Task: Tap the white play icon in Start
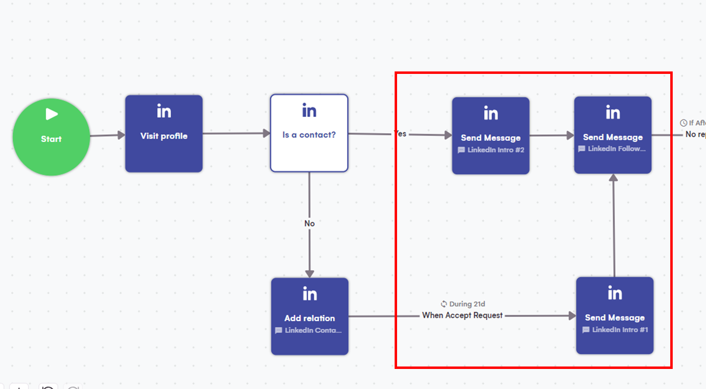51,114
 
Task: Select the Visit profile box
164,134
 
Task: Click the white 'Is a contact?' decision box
309,133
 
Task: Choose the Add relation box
309,316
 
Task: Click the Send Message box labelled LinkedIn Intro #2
490,136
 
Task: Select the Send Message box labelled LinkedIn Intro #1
614,316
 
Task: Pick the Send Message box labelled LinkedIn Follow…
612,135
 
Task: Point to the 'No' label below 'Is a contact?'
309,224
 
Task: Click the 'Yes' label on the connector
400,134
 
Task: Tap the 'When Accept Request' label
462,316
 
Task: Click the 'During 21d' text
467,304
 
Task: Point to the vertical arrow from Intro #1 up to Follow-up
613,225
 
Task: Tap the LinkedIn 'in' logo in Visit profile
164,112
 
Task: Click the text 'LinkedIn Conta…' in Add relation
313,330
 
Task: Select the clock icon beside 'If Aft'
683,123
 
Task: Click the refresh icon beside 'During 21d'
444,304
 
